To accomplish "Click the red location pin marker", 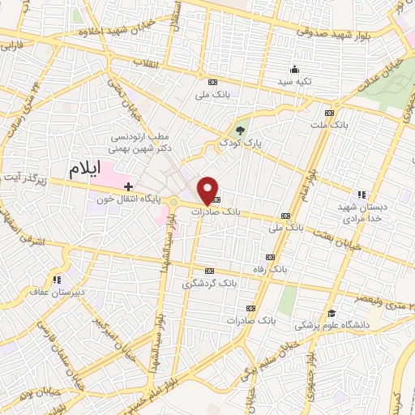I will [209, 191].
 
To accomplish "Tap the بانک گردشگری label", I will [199, 284].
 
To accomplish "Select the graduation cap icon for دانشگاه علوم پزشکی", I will [331, 314].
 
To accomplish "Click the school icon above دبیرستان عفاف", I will [56, 280].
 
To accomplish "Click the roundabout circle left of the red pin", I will [173, 202].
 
